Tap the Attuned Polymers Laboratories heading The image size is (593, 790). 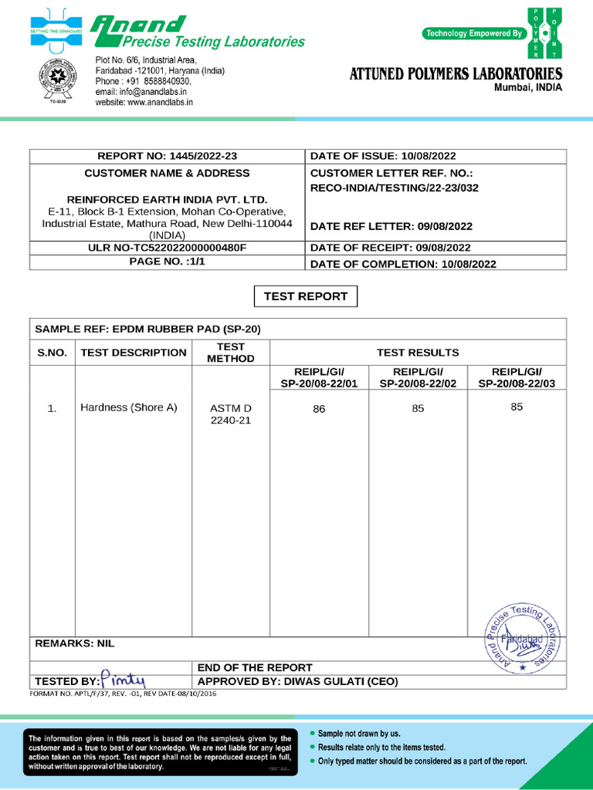click(456, 74)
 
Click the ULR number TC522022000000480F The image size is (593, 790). click(167, 248)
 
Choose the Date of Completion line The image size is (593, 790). click(402, 264)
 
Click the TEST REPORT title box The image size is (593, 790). click(306, 296)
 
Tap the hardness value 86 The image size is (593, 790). click(319, 410)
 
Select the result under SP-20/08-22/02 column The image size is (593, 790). click(418, 409)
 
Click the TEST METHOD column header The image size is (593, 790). click(231, 353)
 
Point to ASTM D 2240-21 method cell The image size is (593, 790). click(231, 414)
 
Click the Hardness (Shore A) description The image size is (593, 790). click(129, 407)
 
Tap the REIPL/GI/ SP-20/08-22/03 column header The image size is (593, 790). click(517, 377)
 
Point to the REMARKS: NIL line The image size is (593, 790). click(75, 643)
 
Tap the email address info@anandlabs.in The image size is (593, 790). click(144, 92)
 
